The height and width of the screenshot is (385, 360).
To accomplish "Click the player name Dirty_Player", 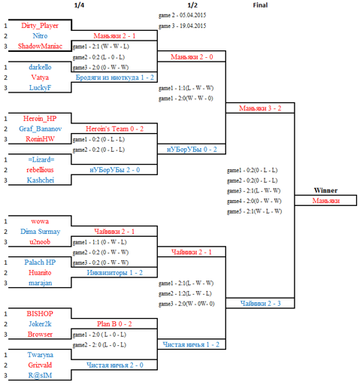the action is [x=40, y=26].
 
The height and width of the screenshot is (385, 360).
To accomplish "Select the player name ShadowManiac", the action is [x=40, y=46].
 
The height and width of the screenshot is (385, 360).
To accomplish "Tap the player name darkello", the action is [x=40, y=67].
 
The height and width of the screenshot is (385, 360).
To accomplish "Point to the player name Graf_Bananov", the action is [x=41, y=129].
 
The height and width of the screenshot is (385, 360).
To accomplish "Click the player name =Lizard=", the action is [x=41, y=159].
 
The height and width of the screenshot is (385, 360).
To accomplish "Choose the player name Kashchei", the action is [x=41, y=180].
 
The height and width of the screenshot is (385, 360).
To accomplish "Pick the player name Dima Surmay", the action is [x=41, y=232].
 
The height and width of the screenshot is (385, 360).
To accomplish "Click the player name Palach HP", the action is [x=40, y=262].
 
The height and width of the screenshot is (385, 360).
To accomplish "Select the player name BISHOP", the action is [x=40, y=314].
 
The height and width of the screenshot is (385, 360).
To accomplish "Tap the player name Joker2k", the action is [x=40, y=324].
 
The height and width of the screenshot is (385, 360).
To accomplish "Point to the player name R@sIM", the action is [x=40, y=375].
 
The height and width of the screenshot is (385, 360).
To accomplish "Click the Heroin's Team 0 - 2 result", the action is [x=114, y=129].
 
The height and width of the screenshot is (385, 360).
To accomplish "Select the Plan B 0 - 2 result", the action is [x=114, y=324].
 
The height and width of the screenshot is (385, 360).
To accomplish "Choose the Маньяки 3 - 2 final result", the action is [x=260, y=108].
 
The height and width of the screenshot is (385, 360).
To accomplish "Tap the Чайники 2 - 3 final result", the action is [x=261, y=304].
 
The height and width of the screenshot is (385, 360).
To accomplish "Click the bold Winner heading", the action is [x=325, y=190].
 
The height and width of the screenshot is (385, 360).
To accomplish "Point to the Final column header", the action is [x=260, y=5].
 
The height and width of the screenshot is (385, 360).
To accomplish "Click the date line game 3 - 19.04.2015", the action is [x=182, y=26].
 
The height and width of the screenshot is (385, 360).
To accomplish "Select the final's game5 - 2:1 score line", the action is [x=254, y=211].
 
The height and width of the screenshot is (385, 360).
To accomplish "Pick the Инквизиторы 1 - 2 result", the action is [x=115, y=273].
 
